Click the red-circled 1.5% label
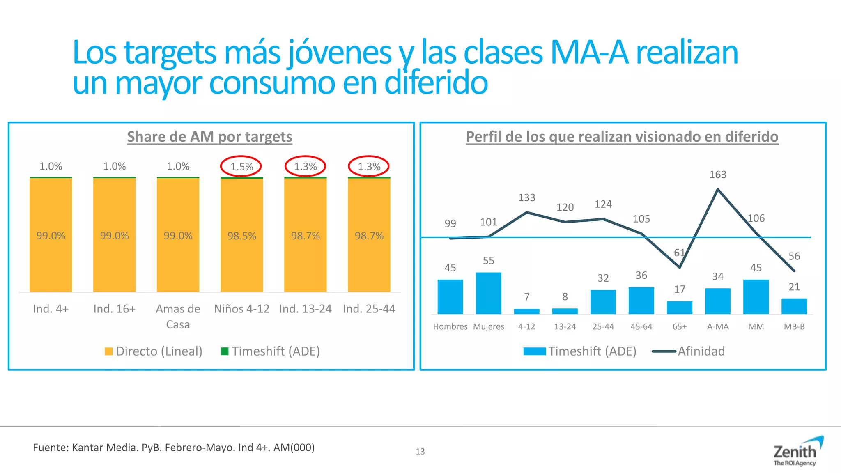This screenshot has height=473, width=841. pyautogui.click(x=241, y=167)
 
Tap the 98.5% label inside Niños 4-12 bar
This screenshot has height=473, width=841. pyautogui.click(x=241, y=236)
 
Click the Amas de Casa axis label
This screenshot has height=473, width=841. pyautogui.click(x=178, y=316)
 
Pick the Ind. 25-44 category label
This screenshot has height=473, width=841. pyautogui.click(x=369, y=309)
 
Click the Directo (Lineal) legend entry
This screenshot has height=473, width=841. pyautogui.click(x=154, y=351)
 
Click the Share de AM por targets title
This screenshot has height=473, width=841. pyautogui.click(x=209, y=137)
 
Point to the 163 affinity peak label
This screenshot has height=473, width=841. pyautogui.click(x=717, y=175)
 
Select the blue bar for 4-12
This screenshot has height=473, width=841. pyautogui.click(x=526, y=311)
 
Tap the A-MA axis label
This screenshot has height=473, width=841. pyautogui.click(x=717, y=327)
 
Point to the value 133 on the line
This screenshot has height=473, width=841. pyautogui.click(x=526, y=198)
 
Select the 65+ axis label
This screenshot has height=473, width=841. pyautogui.click(x=679, y=327)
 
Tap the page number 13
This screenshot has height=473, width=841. pyautogui.click(x=420, y=452)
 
